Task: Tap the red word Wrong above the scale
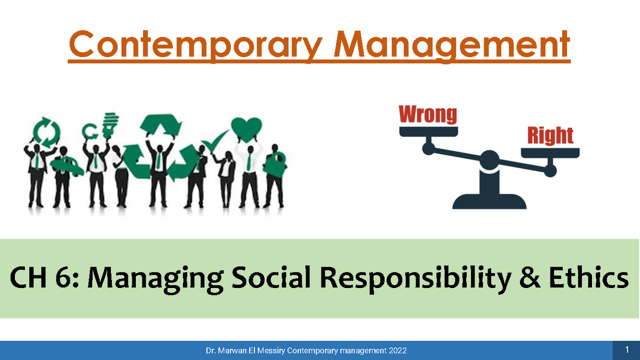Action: tap(428, 115)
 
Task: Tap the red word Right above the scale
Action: tap(550, 136)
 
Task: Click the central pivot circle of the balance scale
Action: tap(489, 159)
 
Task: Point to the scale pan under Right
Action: tap(550, 153)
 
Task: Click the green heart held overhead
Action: tap(246, 129)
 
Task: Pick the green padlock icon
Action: tap(277, 162)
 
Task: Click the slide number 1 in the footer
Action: tap(627, 350)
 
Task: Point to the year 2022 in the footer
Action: tap(398, 350)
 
